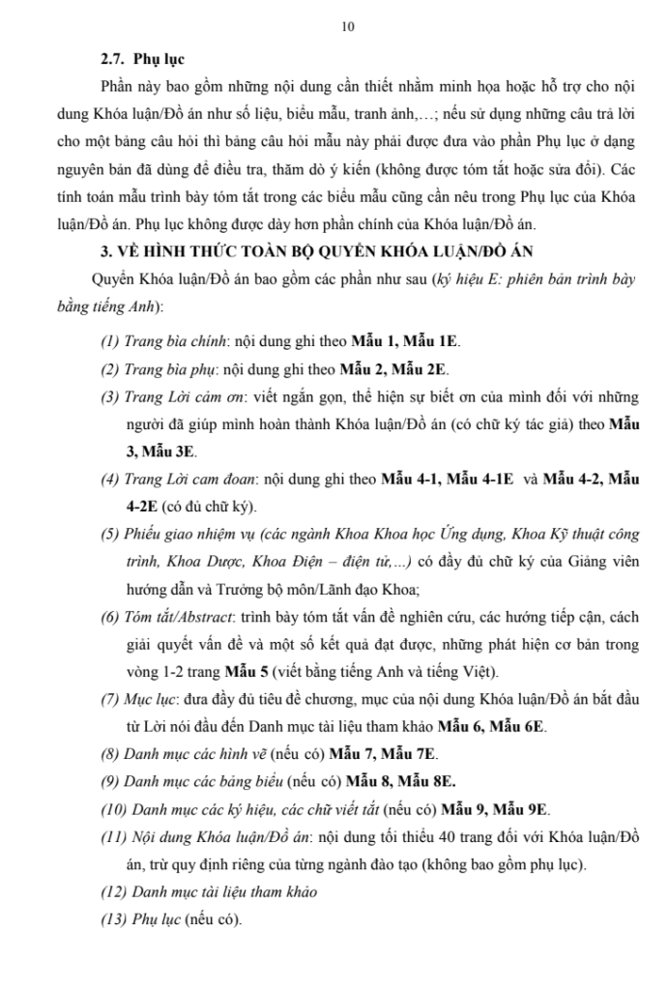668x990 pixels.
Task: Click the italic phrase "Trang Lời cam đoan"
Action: pyautogui.click(x=188, y=479)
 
